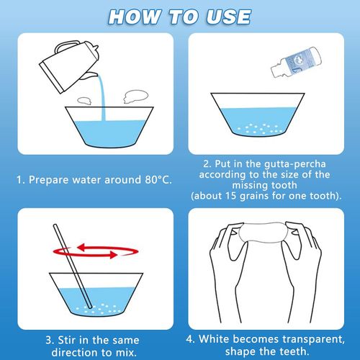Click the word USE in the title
pyautogui.click(x=225, y=15)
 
